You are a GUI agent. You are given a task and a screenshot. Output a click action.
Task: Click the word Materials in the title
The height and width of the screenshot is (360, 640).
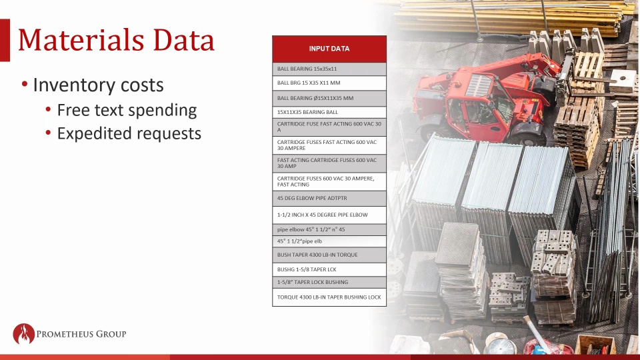pyautogui.click(x=81, y=40)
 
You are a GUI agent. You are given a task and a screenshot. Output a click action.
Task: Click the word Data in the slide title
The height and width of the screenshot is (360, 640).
pyautogui.click(x=184, y=40)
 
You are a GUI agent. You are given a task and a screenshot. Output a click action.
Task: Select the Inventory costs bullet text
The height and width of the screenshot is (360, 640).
pyautogui.click(x=98, y=85)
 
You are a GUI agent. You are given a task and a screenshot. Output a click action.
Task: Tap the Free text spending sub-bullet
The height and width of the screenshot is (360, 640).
pyautogui.click(x=127, y=110)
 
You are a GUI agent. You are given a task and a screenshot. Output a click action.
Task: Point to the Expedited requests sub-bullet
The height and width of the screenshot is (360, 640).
pyautogui.click(x=129, y=133)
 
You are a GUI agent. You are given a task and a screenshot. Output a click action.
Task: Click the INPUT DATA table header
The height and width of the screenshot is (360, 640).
pyautogui.click(x=329, y=49)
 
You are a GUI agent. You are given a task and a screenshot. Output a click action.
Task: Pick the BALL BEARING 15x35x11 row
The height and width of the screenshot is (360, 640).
pyautogui.click(x=329, y=69)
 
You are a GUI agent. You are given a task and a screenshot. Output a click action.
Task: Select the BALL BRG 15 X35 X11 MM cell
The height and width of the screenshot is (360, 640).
pyautogui.click(x=329, y=83)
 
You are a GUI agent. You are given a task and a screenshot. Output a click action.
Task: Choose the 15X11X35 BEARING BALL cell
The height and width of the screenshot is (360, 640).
pyautogui.click(x=329, y=112)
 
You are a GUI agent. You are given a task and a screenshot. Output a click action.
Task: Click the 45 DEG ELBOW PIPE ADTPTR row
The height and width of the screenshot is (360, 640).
pyautogui.click(x=329, y=199)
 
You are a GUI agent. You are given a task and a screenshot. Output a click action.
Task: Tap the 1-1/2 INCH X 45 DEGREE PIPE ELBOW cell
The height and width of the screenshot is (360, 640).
pyautogui.click(x=329, y=215)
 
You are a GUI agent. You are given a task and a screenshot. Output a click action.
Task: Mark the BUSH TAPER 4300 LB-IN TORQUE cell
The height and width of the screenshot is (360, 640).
pyautogui.click(x=329, y=255)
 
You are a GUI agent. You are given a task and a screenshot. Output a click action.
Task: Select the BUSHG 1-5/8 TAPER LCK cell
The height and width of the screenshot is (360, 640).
pyautogui.click(x=329, y=269)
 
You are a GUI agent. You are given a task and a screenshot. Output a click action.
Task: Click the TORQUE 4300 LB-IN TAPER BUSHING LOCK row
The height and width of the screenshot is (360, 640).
pyautogui.click(x=329, y=297)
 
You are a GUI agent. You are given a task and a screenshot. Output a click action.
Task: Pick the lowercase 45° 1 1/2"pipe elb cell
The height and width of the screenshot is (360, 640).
pyautogui.click(x=329, y=241)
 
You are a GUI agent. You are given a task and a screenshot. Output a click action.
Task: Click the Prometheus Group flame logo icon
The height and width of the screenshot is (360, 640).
pyautogui.click(x=24, y=334)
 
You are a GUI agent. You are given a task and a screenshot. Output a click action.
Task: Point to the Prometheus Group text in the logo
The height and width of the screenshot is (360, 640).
pyautogui.click(x=81, y=334)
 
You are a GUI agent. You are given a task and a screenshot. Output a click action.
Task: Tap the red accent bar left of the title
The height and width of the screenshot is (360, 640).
pyautogui.click(x=5, y=40)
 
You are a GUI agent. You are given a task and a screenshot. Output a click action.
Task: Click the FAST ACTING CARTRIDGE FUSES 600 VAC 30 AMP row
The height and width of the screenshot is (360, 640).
pyautogui.click(x=329, y=163)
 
